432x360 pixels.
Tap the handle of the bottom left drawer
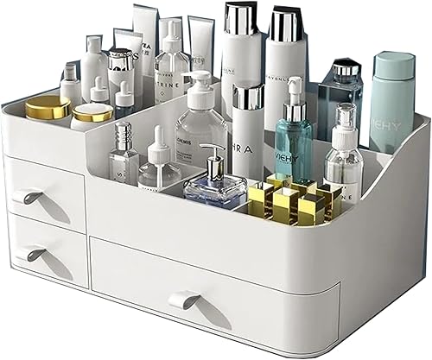pos(35,254)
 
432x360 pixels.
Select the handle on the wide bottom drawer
pos(183,299)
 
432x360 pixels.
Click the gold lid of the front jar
pos(92,112)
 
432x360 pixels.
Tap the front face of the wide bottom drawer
pos(216,285)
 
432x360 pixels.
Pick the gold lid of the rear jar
pos(47,105)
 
